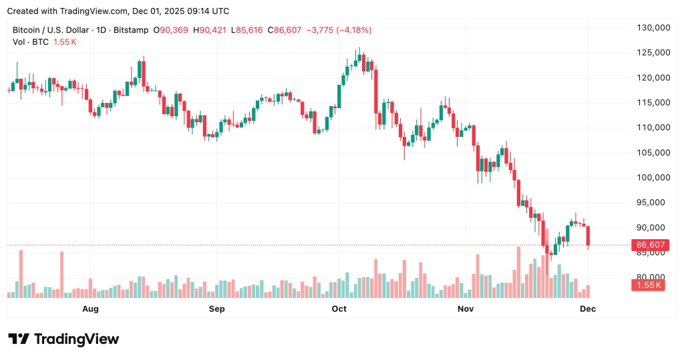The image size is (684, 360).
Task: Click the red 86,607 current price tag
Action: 649,245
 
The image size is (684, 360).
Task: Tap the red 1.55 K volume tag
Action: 647,285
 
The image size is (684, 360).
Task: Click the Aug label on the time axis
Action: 90,309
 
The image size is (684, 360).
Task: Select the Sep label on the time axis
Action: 216,309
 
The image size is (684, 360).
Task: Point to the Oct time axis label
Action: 339,309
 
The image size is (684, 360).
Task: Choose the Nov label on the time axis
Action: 466,309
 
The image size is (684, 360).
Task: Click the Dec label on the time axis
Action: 588,309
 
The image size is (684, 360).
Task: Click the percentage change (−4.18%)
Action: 354,30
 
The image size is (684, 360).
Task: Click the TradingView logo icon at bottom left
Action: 18,339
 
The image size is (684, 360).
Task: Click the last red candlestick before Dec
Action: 588,236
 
